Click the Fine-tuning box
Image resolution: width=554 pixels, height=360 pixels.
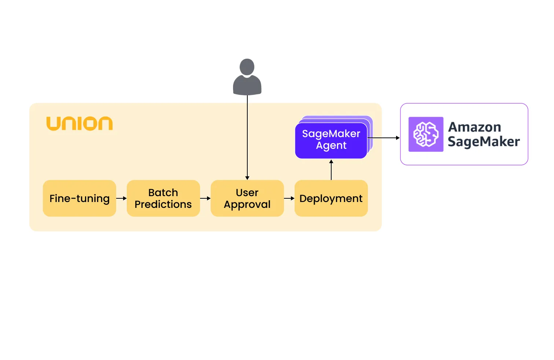point(80,198)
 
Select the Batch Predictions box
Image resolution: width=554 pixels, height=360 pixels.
point(163,198)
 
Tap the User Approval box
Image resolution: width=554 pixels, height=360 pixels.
point(247,198)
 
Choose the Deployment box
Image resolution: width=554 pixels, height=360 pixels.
point(331,198)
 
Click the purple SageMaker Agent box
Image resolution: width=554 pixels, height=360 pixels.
point(331,140)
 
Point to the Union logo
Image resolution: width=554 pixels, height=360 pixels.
point(80,124)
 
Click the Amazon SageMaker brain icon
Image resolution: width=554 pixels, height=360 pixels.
point(426,134)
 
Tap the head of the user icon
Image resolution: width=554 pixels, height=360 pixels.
point(247,67)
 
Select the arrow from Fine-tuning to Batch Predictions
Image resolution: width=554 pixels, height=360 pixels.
point(121,198)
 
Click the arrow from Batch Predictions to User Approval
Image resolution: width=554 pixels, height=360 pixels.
point(205,198)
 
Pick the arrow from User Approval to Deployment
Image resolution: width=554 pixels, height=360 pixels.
point(289,198)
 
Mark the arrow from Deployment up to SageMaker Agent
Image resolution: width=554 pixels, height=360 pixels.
point(331,170)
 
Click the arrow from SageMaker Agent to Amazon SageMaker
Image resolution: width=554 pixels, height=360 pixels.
point(383,138)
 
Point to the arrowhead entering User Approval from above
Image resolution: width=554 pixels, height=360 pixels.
point(247,178)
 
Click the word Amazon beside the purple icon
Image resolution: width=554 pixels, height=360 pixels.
point(474,127)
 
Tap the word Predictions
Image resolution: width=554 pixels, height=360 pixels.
point(163,204)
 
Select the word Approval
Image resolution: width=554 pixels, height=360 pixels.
point(247,205)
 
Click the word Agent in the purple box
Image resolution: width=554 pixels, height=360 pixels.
point(331,146)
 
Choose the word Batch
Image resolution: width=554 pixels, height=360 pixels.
point(163,192)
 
